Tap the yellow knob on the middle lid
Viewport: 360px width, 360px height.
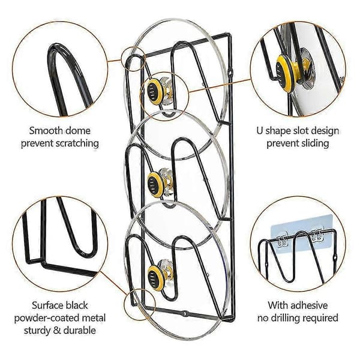click(155, 185)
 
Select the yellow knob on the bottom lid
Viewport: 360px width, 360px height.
click(156, 275)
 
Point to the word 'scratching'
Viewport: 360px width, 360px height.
click(77, 143)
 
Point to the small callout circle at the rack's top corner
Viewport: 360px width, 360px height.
click(133, 58)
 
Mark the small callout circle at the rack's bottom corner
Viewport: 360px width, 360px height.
click(140, 304)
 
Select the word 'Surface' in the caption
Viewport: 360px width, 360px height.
click(47, 305)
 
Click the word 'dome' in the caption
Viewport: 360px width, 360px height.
click(78, 131)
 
